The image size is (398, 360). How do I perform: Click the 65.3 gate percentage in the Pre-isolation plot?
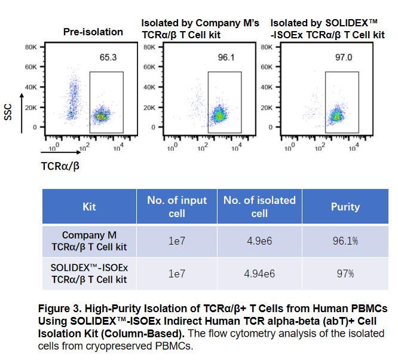[108, 57]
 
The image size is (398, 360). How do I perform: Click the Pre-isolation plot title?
[93, 32]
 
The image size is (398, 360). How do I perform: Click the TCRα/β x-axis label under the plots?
[60, 165]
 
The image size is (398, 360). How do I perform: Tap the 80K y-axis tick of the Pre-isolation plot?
[32, 47]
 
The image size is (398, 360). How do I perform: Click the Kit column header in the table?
[89, 207]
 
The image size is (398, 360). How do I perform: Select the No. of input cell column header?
[177, 207]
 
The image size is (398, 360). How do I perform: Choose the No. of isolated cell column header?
[259, 207]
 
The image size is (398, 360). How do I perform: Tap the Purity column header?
[345, 207]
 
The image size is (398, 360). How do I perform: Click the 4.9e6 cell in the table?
[259, 241]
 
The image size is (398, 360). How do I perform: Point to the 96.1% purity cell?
[345, 241]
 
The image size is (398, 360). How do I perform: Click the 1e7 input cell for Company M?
[177, 241]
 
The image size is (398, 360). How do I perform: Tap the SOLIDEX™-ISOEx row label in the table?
[89, 268]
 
